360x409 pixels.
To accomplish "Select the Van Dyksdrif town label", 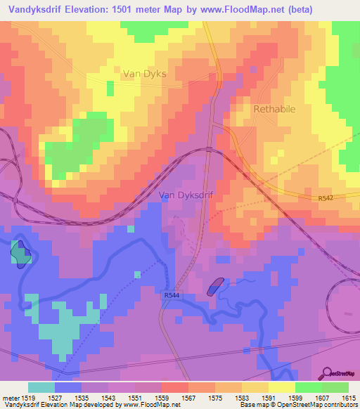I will [186, 195].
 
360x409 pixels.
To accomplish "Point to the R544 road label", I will [171, 296].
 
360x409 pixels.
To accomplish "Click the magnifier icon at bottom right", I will [328, 373].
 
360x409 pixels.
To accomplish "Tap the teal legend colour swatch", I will [41, 387].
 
